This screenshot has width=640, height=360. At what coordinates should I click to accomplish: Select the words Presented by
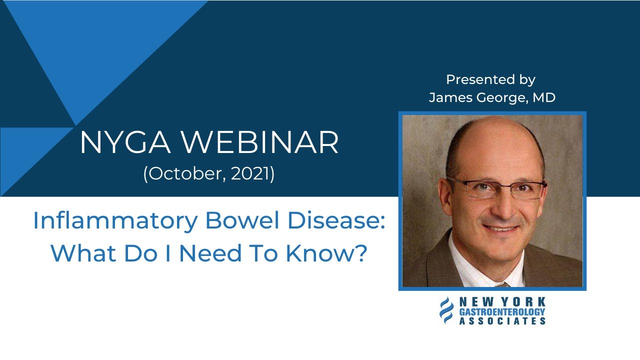[490, 79]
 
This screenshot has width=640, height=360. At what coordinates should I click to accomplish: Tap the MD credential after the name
[543, 97]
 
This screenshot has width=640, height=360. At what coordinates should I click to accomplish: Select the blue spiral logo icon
[446, 310]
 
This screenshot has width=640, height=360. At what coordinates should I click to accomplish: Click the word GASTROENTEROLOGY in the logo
[502, 311]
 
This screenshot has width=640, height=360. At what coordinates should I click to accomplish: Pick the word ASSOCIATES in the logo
[502, 320]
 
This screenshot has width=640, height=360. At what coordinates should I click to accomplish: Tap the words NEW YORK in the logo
[502, 302]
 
